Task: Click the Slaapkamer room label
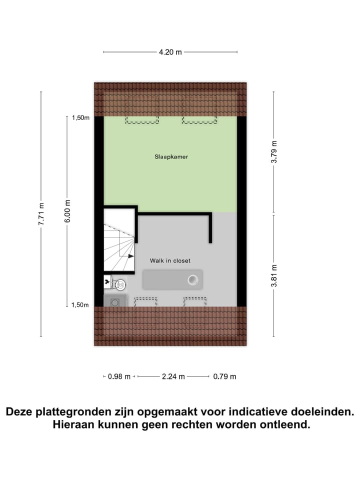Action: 171,156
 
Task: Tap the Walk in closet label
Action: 170,260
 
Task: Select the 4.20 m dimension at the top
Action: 170,51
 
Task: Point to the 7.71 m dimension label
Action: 41,214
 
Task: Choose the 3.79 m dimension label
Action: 273,152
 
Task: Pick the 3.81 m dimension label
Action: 273,275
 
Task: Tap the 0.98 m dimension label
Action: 119,376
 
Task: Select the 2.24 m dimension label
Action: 173,376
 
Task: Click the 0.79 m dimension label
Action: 224,376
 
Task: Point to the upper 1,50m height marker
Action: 80,118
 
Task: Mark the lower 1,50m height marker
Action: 80,305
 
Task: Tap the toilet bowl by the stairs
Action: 119,284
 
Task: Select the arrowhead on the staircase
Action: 131,256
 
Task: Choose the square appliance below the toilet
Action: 115,301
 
